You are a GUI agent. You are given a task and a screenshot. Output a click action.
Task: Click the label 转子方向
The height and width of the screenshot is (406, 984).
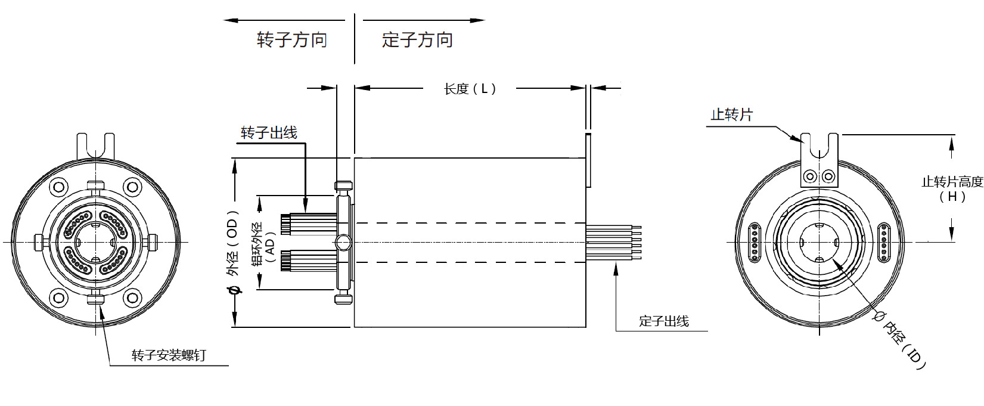[x=292, y=40]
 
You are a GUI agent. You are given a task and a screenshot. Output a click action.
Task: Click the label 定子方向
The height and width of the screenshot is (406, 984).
[x=417, y=40]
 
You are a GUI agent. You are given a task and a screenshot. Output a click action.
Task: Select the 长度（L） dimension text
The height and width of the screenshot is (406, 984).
[x=470, y=89]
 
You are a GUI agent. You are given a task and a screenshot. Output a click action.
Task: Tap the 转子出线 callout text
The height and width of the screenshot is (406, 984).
[x=269, y=132]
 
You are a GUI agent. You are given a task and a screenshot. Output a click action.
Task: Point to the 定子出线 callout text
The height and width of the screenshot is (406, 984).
[x=663, y=321]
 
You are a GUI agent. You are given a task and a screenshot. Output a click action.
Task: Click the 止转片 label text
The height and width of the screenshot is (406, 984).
[x=731, y=114]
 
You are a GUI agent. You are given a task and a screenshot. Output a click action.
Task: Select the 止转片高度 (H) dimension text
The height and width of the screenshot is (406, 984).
[x=952, y=188]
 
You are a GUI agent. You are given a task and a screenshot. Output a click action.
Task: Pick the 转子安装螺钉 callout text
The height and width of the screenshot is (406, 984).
[x=169, y=356]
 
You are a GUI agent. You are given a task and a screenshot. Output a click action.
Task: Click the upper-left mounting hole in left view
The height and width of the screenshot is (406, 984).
[x=59, y=187]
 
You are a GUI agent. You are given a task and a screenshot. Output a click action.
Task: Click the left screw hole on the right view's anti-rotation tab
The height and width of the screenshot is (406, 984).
[x=810, y=176]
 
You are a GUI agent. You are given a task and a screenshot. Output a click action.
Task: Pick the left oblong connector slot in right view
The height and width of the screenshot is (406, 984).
[x=754, y=242]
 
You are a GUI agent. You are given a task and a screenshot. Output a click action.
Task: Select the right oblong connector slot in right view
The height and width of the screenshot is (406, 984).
[x=884, y=242]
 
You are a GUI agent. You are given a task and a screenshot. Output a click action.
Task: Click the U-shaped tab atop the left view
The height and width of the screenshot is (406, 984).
[x=95, y=145]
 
